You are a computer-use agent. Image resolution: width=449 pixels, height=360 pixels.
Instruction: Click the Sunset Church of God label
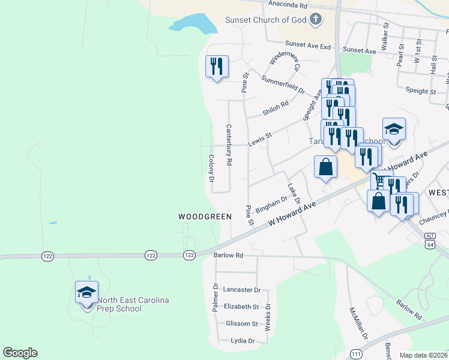click(265, 20)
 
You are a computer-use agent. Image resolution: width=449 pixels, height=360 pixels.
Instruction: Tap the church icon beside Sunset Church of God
click(316, 20)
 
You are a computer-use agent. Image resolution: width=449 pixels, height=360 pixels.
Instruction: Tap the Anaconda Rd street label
click(288, 5)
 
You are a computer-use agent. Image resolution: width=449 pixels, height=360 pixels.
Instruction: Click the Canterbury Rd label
click(229, 145)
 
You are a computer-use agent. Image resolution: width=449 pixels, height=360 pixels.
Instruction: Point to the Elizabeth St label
click(241, 307)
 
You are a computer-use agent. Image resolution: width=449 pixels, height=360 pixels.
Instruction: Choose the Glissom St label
click(241, 323)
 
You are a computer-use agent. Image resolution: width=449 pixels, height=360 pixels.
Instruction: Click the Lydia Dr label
click(243, 341)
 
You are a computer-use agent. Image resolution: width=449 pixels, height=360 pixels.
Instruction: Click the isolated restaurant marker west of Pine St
click(217, 66)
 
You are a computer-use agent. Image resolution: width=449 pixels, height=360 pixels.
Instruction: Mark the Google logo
click(20, 353)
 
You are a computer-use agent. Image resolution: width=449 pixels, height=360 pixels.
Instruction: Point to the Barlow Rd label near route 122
click(228, 255)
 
